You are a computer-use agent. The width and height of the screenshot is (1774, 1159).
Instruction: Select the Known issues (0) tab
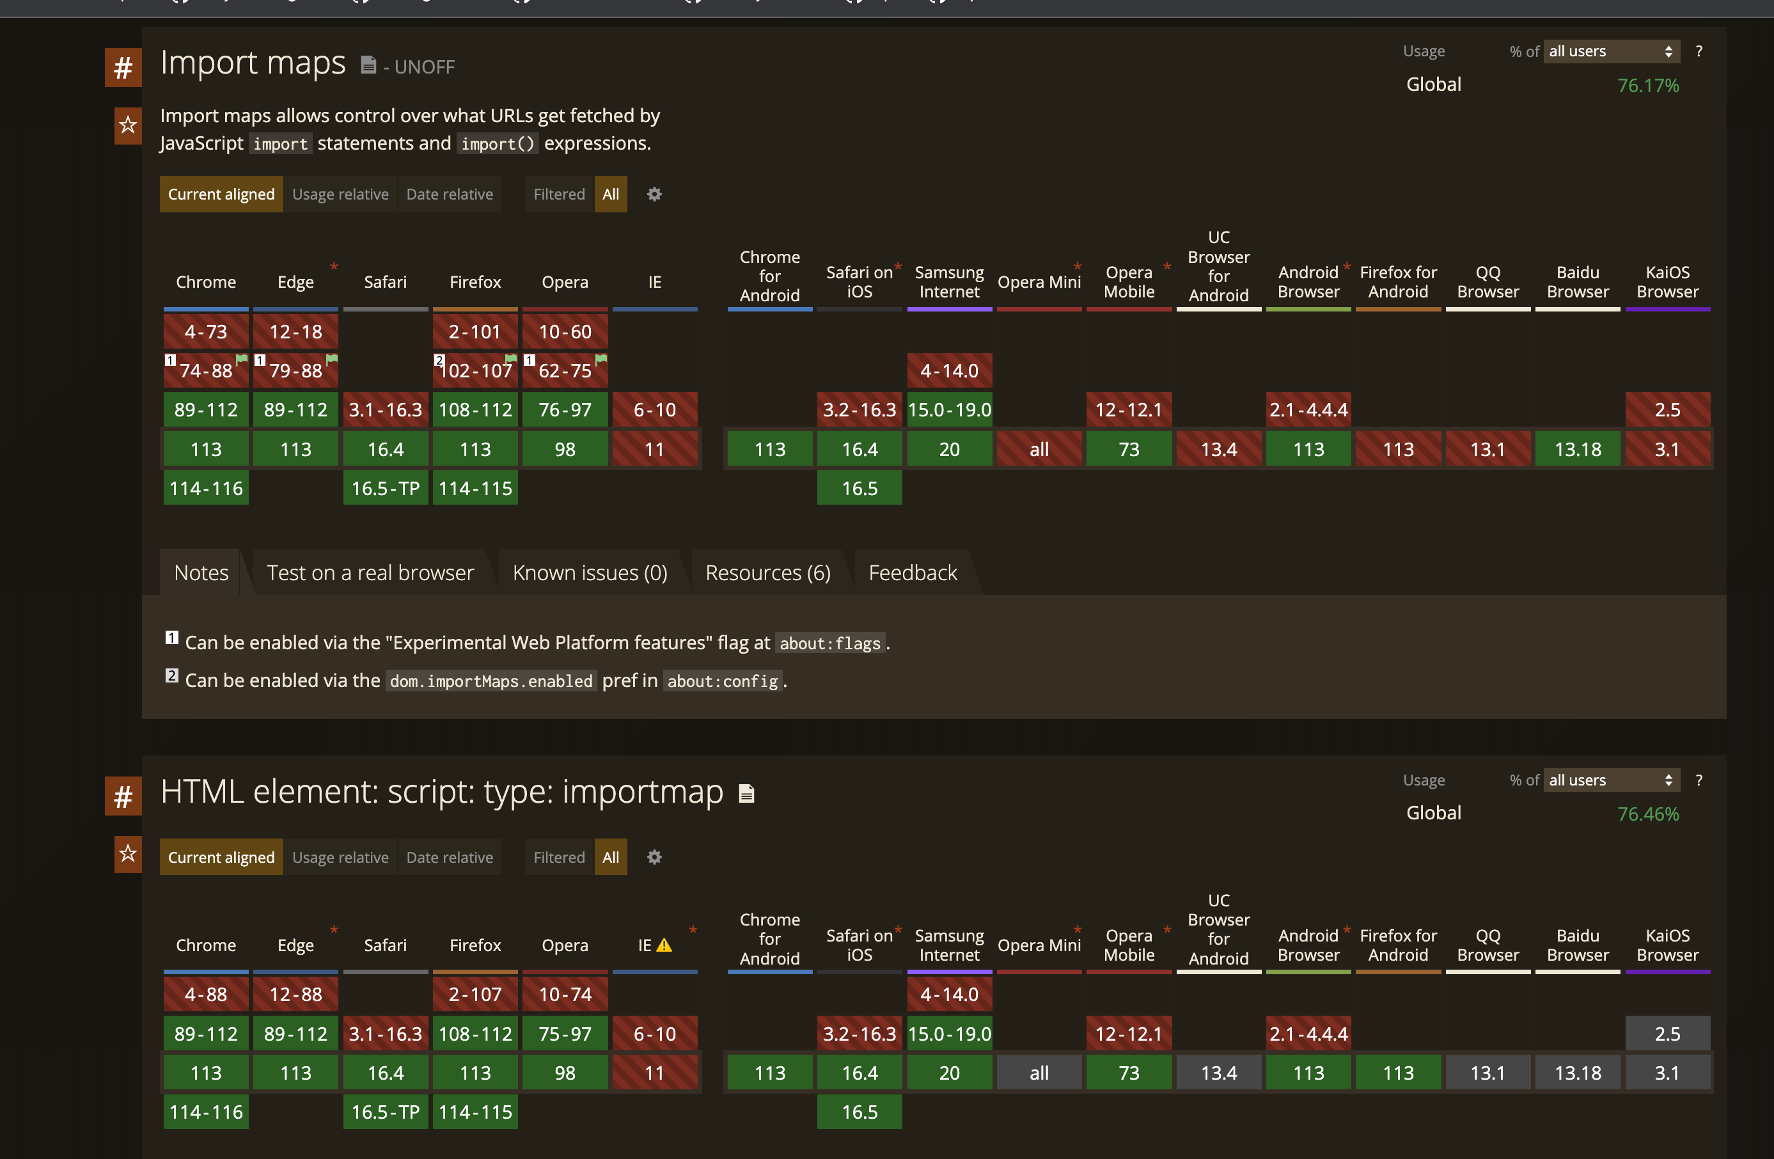tap(590, 572)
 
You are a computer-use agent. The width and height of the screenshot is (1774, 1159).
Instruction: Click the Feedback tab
tap(913, 572)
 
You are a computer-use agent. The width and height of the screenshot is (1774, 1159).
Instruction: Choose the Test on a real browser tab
tap(370, 572)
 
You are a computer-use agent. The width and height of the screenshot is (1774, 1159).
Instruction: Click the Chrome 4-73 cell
tap(206, 332)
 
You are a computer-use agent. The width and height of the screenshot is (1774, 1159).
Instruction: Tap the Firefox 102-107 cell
tap(476, 370)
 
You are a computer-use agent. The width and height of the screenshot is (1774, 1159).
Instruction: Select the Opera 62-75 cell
tap(565, 370)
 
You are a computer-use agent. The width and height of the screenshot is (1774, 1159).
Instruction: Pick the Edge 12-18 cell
tap(296, 332)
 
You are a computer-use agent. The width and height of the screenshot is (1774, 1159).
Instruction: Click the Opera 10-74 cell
tap(565, 994)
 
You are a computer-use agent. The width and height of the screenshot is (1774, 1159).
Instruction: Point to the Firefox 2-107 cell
tap(476, 994)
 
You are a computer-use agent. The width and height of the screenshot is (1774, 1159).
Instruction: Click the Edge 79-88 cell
tap(296, 370)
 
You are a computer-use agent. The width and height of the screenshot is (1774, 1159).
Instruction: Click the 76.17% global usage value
tap(1647, 86)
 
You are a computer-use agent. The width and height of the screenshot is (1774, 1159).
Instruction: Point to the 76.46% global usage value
tap(1647, 814)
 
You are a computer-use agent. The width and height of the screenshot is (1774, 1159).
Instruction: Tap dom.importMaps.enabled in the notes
tap(491, 681)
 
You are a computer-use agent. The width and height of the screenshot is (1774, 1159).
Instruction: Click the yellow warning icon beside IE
tap(663, 945)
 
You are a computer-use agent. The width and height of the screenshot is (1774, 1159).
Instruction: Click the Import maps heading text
tap(253, 63)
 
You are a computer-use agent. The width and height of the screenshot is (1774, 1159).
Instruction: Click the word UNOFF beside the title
tap(424, 67)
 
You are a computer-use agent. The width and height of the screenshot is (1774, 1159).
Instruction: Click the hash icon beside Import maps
tap(123, 68)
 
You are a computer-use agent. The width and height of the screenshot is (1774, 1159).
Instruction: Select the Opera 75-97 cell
tap(565, 1034)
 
